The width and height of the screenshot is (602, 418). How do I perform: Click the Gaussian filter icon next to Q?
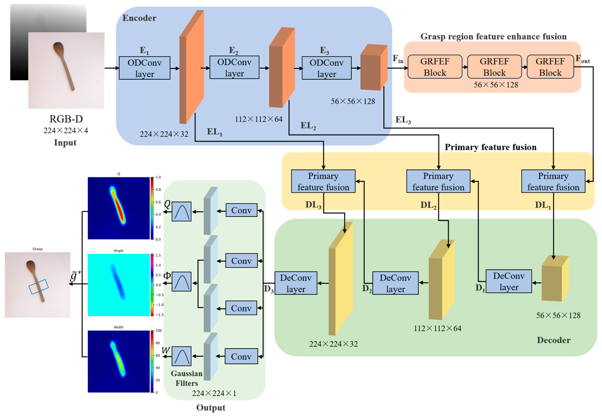point(181,211)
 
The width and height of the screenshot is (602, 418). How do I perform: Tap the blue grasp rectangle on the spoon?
point(38,287)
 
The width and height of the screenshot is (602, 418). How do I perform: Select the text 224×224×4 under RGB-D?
point(66,130)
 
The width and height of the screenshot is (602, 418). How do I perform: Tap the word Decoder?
point(553,340)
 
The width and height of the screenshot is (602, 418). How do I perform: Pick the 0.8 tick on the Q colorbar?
point(158,189)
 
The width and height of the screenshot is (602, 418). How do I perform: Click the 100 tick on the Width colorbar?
point(159,331)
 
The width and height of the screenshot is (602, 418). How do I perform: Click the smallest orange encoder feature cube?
point(373,67)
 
